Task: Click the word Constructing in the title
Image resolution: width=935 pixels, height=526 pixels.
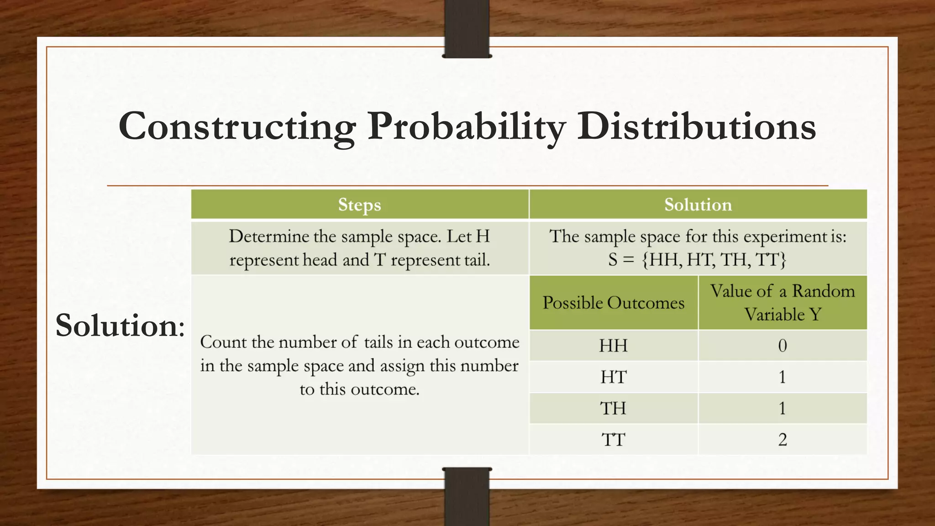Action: click(237, 126)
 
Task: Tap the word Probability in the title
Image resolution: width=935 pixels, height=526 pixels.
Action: click(466, 126)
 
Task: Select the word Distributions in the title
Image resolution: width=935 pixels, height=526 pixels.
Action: click(696, 126)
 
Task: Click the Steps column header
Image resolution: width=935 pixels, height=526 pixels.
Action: click(359, 205)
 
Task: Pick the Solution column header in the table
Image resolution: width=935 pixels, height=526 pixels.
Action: click(698, 205)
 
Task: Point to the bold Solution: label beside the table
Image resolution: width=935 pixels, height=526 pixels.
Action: click(120, 325)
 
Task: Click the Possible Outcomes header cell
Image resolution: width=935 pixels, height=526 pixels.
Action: click(613, 303)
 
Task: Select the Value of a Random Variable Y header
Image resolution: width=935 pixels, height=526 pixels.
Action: click(782, 303)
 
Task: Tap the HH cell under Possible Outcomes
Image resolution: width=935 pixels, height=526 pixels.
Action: click(613, 346)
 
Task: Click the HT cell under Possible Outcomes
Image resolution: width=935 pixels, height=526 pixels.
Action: click(613, 377)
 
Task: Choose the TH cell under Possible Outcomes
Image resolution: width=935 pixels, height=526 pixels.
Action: click(613, 408)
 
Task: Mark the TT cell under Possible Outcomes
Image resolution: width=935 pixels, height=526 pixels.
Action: click(613, 440)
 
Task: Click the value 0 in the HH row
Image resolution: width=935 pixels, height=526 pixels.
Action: click(782, 346)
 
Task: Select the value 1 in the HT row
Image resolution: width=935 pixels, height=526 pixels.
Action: click(782, 377)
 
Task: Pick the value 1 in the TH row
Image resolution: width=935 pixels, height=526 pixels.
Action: click(782, 408)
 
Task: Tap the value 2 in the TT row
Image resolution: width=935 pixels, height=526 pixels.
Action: click(782, 440)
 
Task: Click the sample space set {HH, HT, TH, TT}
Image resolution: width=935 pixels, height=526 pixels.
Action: click(714, 260)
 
